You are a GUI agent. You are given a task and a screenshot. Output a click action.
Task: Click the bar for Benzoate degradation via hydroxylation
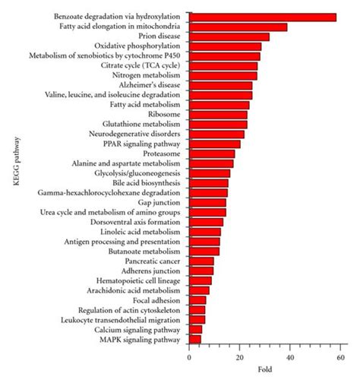click(262, 17)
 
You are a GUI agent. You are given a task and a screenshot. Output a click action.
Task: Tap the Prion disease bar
click(229, 36)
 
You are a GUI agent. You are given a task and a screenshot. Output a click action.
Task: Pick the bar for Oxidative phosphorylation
click(225, 46)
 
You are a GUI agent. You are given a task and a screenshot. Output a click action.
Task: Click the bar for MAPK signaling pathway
click(195, 340)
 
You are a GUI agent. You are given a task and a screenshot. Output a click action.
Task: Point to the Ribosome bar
click(218, 115)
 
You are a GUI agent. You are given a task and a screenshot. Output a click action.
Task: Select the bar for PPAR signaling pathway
click(214, 144)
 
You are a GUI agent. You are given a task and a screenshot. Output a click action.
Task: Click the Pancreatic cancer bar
click(201, 261)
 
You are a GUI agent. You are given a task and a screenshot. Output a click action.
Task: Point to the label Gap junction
click(160, 203)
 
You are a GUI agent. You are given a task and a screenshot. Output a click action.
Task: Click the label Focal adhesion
click(157, 300)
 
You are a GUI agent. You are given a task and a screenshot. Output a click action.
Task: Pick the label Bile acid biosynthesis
click(147, 183)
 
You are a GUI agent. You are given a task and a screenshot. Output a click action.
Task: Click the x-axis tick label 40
click(290, 357)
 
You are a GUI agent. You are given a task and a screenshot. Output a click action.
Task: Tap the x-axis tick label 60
click(341, 357)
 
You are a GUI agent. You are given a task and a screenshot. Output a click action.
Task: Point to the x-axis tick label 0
click(189, 357)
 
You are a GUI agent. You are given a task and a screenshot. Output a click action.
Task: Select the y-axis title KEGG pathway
click(16, 179)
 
